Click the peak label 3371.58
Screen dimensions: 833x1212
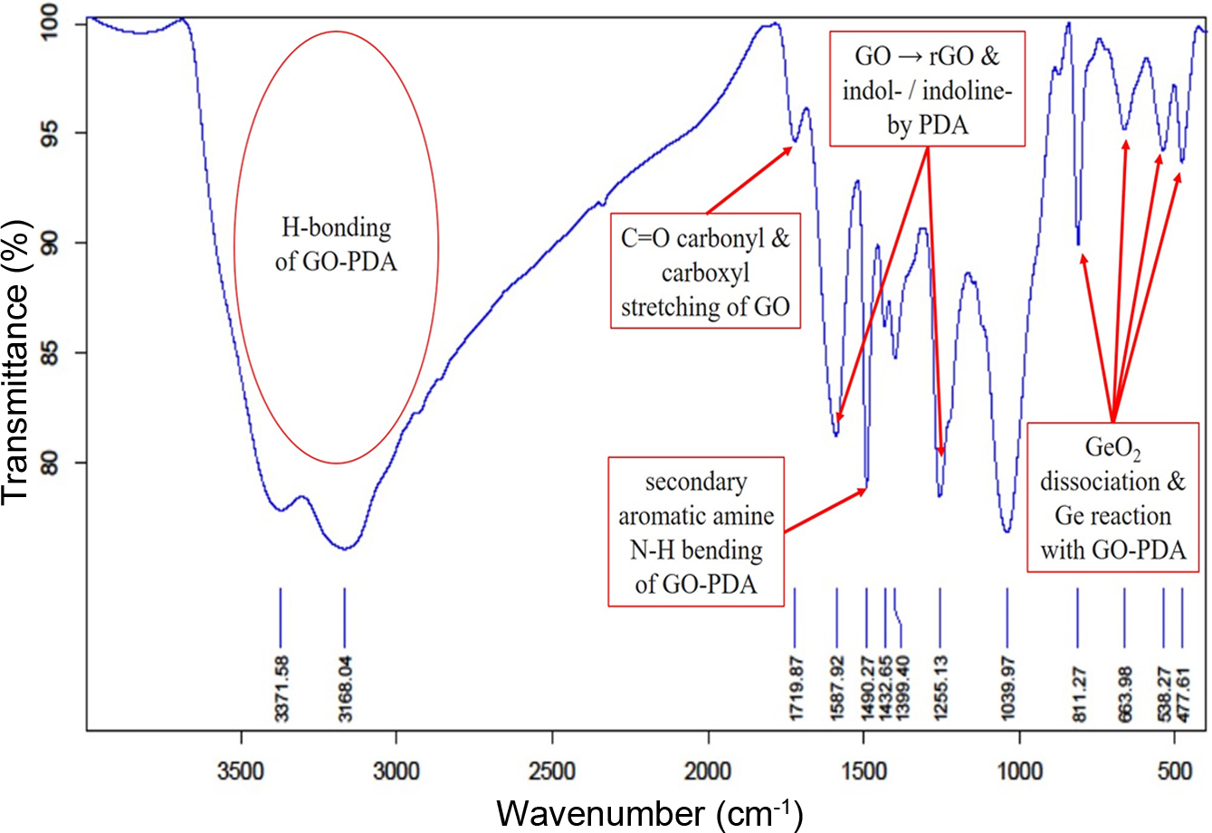[x=282, y=688]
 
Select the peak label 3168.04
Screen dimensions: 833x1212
[x=346, y=688]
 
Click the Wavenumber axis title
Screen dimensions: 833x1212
[x=648, y=810]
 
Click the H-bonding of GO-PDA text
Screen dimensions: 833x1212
[x=336, y=244]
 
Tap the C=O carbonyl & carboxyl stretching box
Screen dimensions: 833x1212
[x=705, y=273]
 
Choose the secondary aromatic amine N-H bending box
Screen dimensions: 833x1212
[x=696, y=532]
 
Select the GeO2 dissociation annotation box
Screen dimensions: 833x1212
[x=1112, y=497]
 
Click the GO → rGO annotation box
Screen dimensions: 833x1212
[x=928, y=90]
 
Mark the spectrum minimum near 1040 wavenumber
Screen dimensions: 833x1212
[x=1007, y=531]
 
